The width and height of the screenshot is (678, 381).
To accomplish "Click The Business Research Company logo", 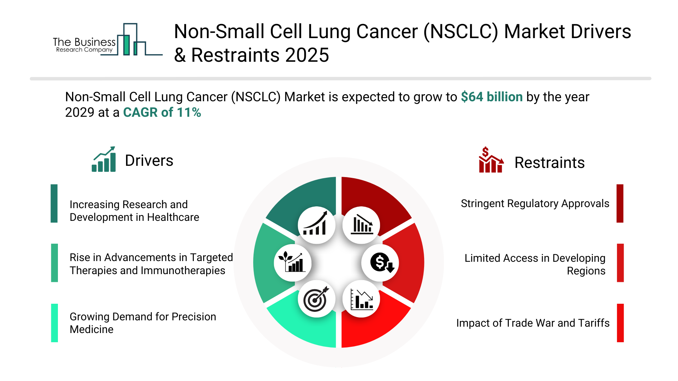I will pos(106,41).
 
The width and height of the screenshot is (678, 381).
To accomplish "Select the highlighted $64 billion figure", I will pos(492,97).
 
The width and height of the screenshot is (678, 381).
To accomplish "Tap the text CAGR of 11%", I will pos(162,113).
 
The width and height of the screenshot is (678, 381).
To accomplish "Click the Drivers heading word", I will pos(149,161).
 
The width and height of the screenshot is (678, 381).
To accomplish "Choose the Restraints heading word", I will pos(549,163).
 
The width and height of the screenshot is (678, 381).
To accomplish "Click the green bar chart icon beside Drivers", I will pos(104,159).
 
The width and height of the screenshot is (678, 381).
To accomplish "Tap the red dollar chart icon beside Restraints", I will pos(490,160).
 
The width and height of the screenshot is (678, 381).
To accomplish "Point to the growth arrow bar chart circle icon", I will pos(316,225).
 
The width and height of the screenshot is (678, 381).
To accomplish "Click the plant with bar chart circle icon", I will pos(292,263).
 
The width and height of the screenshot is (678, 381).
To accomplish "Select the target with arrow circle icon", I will pos(316,299).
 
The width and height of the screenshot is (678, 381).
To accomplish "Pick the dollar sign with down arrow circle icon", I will pos(380,263).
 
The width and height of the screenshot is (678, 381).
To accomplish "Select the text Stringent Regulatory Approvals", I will pos(535,204).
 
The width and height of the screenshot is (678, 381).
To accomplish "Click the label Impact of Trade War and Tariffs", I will pos(533,323).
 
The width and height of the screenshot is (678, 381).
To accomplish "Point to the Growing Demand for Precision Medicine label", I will pos(143,323).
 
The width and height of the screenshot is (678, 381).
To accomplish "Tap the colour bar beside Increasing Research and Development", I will pos(54,204).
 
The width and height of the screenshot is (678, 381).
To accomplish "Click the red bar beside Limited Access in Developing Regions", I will pos(620,263).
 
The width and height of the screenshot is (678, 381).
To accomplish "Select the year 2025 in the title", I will pos(307,55).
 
